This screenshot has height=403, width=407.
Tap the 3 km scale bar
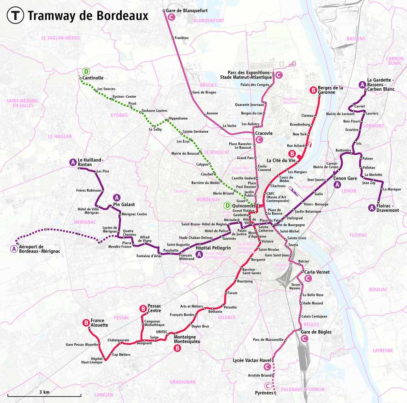pyautogui.click(x=44, y=395)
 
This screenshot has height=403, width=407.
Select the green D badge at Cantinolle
pyautogui.click(x=86, y=71)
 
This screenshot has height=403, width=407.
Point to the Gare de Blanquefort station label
pyautogui.click(x=187, y=11)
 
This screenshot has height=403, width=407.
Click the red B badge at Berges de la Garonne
pyautogui.click(x=313, y=90)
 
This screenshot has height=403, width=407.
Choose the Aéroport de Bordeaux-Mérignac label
pyautogui.click(x=39, y=249)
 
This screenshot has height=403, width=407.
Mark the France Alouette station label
pyautogui.click(x=99, y=323)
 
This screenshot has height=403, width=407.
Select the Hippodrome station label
pyautogui.click(x=179, y=118)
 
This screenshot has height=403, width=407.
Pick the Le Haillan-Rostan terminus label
pyautogui.click(x=90, y=162)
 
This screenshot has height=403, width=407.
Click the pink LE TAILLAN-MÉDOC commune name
pyautogui.click(x=61, y=38)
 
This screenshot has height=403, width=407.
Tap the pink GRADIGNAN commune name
pyautogui.click(x=183, y=382)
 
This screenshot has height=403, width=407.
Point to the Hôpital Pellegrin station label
pyautogui.click(x=213, y=248)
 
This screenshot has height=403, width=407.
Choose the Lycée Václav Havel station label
pyautogui.click(x=252, y=360)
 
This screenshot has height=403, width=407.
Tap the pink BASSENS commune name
pyautogui.click(x=356, y=39)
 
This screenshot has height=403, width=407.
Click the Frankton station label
pyautogui.click(x=182, y=38)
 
